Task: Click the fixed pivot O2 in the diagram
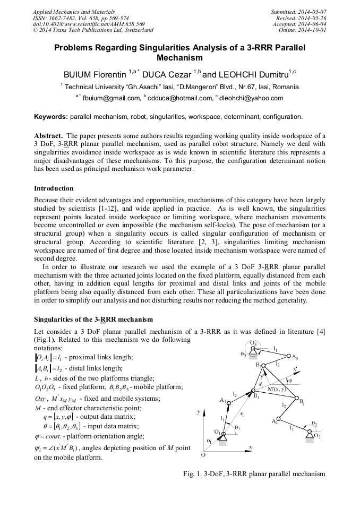[x=324, y=433]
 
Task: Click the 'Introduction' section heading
[x=54, y=188]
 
